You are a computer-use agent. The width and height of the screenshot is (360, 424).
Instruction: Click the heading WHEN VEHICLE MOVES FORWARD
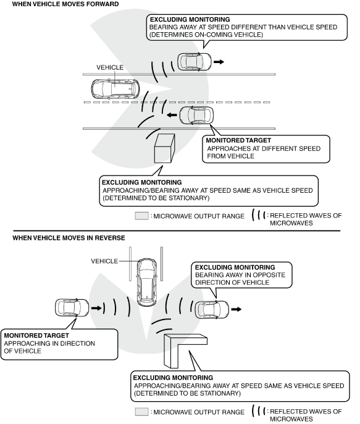point(65,4)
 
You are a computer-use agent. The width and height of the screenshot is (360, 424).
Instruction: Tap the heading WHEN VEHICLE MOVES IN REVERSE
point(69,238)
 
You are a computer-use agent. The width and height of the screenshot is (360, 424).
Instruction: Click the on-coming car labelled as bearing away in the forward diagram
point(195,62)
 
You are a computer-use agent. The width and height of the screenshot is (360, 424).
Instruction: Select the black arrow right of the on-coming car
point(219,62)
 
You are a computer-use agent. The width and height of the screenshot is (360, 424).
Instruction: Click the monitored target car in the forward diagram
point(196,115)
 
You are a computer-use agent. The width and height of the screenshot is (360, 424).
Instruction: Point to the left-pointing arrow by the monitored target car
point(172,115)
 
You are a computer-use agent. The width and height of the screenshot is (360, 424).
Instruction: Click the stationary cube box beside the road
point(164,148)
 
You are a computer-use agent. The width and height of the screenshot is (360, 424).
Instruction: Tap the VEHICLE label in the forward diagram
point(110,67)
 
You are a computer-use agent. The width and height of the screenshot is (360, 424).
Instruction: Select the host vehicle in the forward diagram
point(115,89)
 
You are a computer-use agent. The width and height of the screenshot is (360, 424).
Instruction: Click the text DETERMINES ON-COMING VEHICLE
point(206,35)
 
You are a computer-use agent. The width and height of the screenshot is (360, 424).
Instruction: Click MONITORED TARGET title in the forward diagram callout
point(238,140)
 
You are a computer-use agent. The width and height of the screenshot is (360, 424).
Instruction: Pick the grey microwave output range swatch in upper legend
point(142,216)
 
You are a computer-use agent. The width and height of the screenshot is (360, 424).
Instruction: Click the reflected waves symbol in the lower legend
point(259,411)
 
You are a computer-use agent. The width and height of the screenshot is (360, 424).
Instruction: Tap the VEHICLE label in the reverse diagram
point(104,261)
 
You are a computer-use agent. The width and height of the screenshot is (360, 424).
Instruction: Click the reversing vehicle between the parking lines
point(147,282)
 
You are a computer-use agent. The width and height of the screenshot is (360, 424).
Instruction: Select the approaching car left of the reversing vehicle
point(72,308)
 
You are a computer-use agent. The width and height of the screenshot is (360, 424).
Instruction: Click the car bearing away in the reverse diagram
point(212,309)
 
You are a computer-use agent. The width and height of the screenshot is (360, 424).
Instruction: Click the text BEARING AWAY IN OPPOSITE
point(240,275)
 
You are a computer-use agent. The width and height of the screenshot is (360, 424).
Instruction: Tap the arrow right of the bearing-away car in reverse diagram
point(237,309)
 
